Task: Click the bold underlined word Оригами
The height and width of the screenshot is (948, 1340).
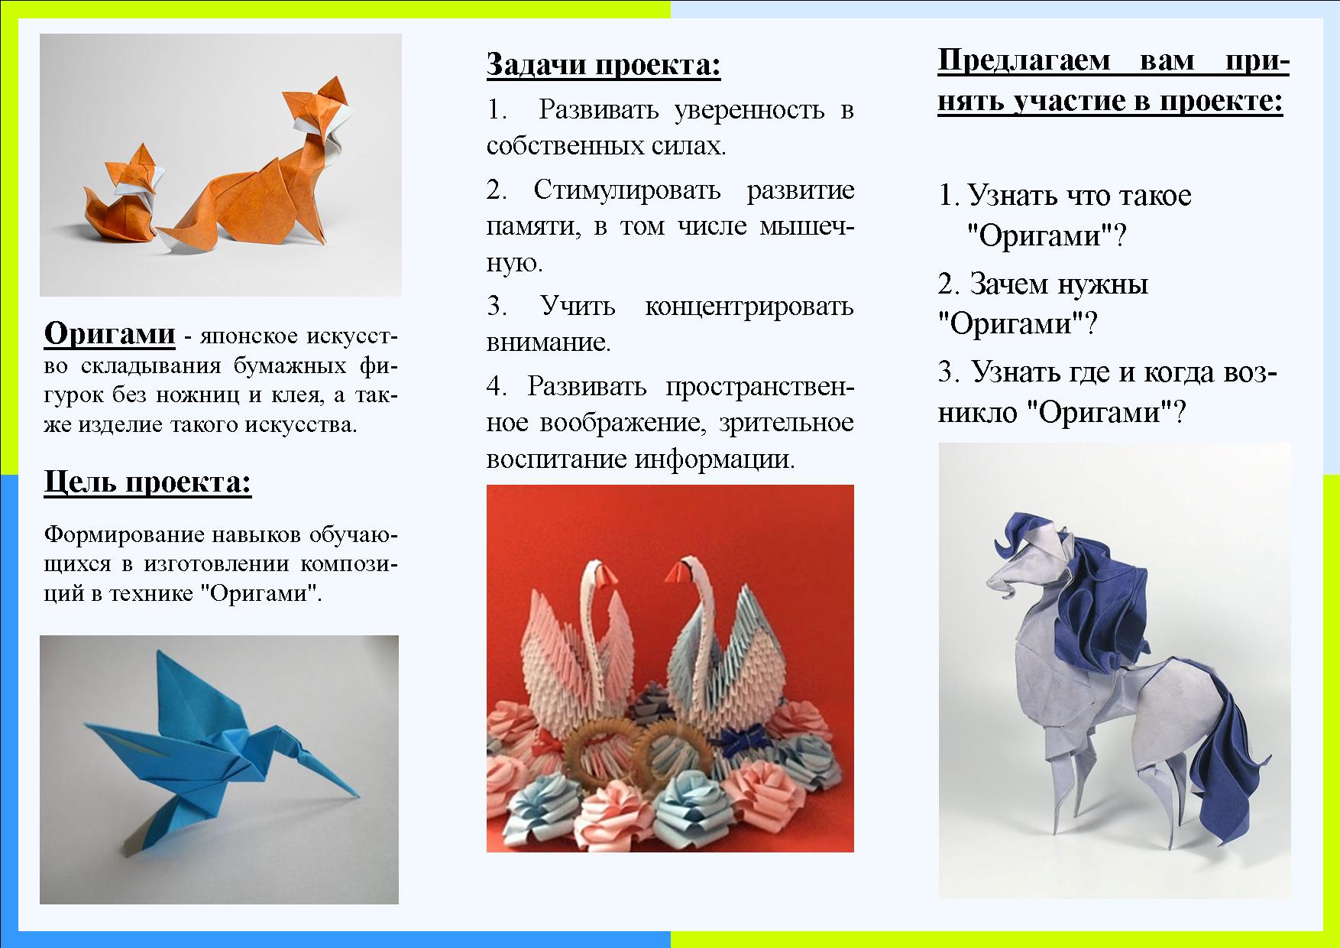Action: point(110,334)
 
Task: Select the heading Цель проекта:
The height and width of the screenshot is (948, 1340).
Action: point(148,482)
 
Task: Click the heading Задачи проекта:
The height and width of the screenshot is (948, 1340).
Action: point(604,65)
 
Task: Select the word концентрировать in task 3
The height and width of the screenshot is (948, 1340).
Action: point(749,307)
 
